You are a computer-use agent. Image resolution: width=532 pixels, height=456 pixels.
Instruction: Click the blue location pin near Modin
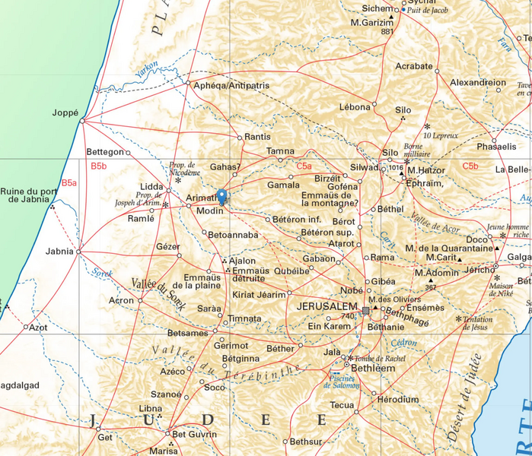click(221, 196)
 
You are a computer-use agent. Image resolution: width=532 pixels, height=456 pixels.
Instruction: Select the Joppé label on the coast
click(65, 112)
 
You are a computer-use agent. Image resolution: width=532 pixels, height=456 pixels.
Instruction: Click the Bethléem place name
click(374, 368)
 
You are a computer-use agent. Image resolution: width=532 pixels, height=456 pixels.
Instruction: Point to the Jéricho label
click(479, 271)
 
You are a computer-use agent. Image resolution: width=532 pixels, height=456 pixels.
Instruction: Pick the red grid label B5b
click(99, 166)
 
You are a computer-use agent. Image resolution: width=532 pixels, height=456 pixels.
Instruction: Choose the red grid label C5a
click(304, 166)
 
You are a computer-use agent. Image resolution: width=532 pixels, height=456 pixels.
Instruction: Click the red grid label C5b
click(470, 166)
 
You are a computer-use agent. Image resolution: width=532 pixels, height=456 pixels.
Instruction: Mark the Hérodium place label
click(397, 399)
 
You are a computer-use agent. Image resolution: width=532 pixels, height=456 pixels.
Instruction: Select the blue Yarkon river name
click(146, 68)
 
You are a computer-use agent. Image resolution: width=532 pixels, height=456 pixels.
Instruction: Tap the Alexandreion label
click(478, 82)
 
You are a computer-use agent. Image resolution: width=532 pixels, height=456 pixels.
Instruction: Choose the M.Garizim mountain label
click(376, 22)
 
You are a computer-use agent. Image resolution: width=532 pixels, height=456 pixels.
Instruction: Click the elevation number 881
click(387, 32)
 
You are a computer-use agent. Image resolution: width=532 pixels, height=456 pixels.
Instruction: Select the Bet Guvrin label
click(195, 435)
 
